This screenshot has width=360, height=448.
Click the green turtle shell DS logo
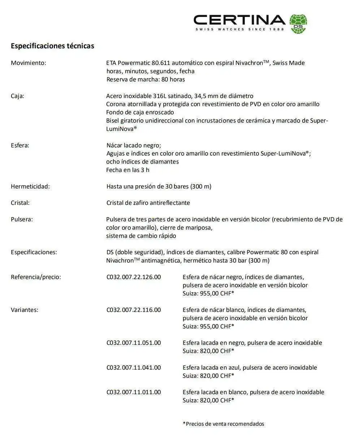298,23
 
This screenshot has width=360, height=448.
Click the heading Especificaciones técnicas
52,46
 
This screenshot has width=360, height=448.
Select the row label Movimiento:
29,63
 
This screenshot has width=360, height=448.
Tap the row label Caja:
17,96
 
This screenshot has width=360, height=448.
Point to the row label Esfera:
20,145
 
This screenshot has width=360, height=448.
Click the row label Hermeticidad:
30,186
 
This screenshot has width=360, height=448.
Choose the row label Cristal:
20,203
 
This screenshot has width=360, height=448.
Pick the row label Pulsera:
22,219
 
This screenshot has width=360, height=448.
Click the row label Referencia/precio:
36,277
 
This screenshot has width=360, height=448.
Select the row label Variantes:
25,310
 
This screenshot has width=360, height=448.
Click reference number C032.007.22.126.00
134,277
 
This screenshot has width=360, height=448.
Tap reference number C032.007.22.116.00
134,310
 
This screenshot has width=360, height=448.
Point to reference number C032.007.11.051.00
134,343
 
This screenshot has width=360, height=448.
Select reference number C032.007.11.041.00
134,367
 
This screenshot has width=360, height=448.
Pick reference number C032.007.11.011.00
134,392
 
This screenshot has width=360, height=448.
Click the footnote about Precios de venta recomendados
224,424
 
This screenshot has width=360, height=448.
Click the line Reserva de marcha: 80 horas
146,79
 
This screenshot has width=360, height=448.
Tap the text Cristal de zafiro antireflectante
148,203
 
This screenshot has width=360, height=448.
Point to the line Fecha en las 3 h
128,170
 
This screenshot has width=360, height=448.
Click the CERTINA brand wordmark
239,20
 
